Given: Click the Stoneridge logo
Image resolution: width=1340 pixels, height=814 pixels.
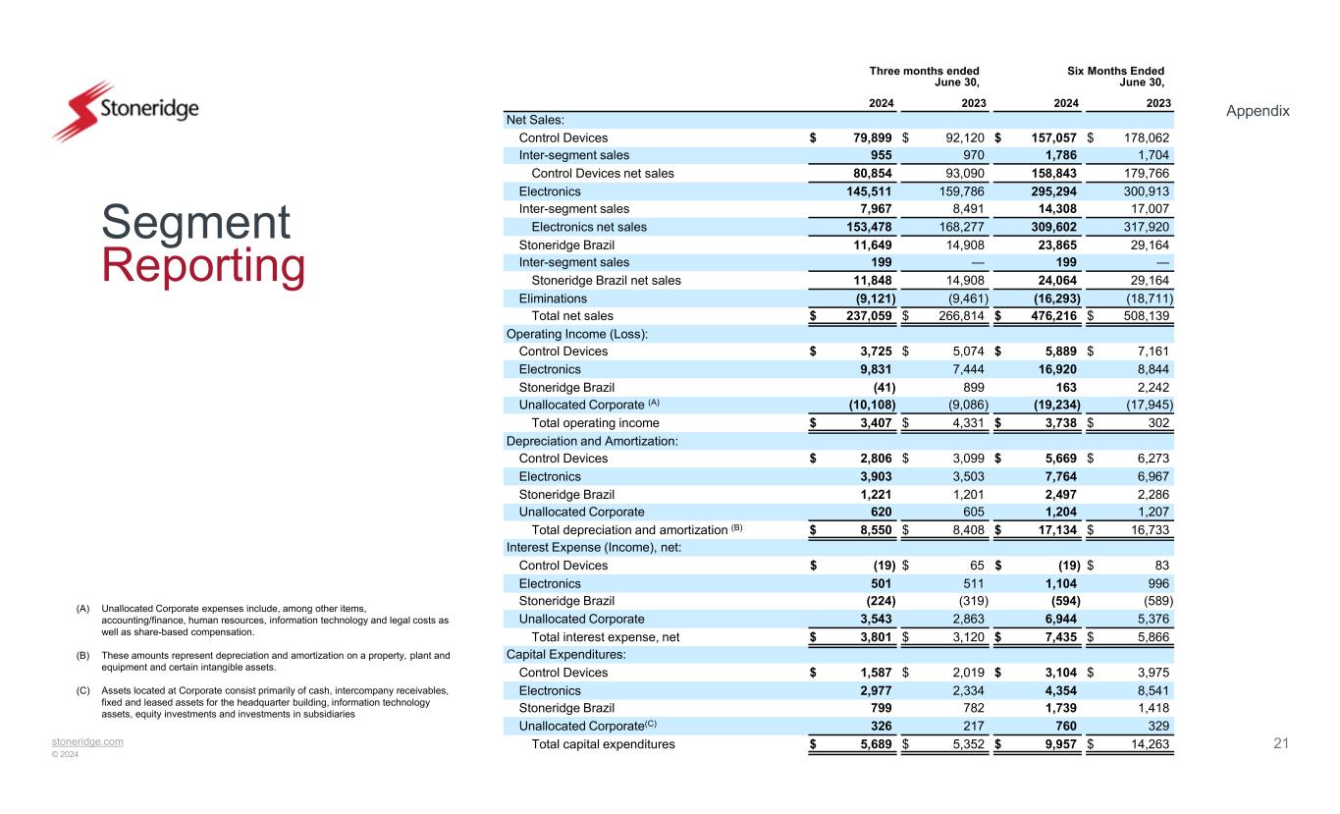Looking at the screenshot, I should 125,111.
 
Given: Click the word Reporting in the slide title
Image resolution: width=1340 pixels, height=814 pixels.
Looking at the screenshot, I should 203,267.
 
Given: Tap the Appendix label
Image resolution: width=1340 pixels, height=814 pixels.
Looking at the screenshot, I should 1258,111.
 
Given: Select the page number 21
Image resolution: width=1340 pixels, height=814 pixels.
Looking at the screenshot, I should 1280,743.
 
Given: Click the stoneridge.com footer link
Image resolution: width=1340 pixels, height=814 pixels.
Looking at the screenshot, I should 88,741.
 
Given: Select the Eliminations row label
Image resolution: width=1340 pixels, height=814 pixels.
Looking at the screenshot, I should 553,298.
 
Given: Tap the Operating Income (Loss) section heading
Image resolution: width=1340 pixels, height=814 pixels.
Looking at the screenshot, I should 577,334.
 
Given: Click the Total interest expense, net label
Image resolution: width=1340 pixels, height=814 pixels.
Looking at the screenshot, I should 605,637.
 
